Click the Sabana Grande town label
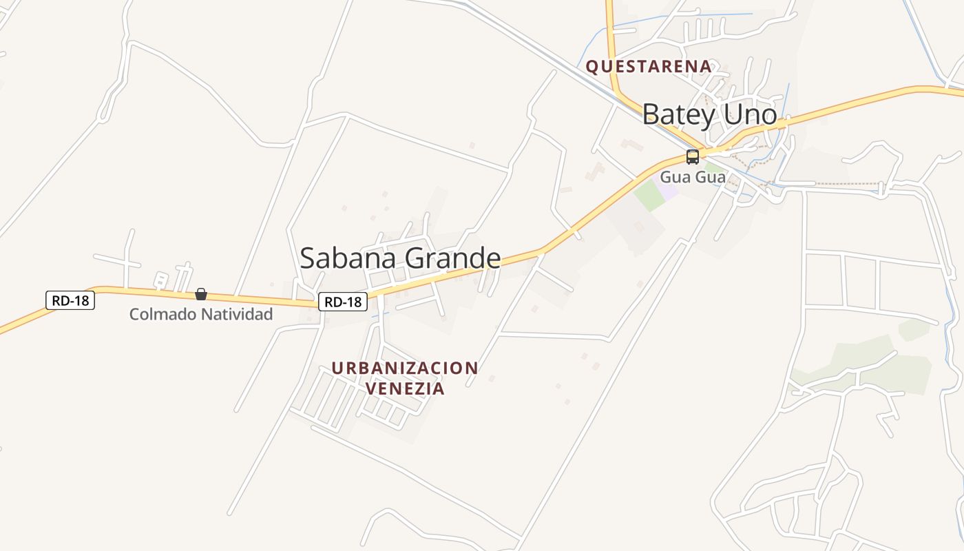coord(400,258)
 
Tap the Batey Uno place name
coord(709,114)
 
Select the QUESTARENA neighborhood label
coord(648,66)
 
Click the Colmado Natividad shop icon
coord(201,294)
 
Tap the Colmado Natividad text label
coord(201,315)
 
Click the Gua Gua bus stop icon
coord(692,156)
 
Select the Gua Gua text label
coord(693,177)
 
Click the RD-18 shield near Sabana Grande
coord(343,302)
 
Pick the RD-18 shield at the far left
coord(70,300)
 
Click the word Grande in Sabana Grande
coord(452,258)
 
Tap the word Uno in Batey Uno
coord(751,114)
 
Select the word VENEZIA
coord(405,388)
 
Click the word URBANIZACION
coord(405,368)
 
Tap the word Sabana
coord(348,258)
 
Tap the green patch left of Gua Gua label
coord(649,196)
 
